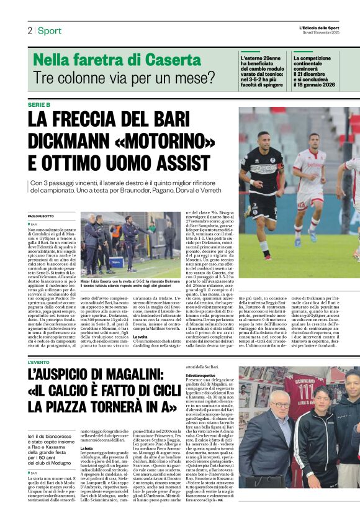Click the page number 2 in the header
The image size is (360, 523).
29,30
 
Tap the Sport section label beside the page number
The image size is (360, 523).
49,30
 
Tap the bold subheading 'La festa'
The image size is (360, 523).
86,448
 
